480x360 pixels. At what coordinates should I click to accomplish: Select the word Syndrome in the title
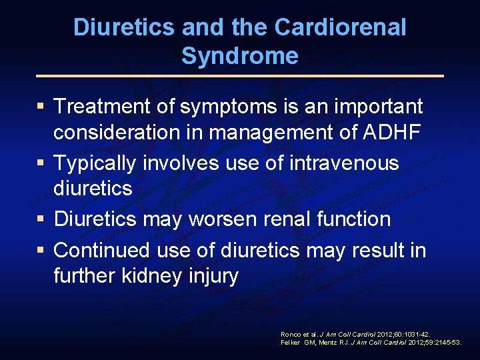tap(239, 56)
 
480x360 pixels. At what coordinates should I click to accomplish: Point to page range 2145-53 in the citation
tap(446, 342)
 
